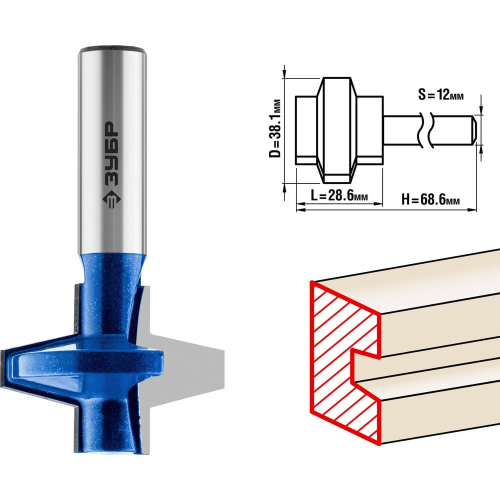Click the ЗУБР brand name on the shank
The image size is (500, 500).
point(111,153)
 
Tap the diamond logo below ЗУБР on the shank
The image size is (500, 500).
point(111,199)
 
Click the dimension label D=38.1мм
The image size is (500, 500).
point(275,128)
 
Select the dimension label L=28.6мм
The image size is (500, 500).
point(339,195)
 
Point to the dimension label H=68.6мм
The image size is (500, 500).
point(430,199)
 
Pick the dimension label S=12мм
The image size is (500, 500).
point(440,94)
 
